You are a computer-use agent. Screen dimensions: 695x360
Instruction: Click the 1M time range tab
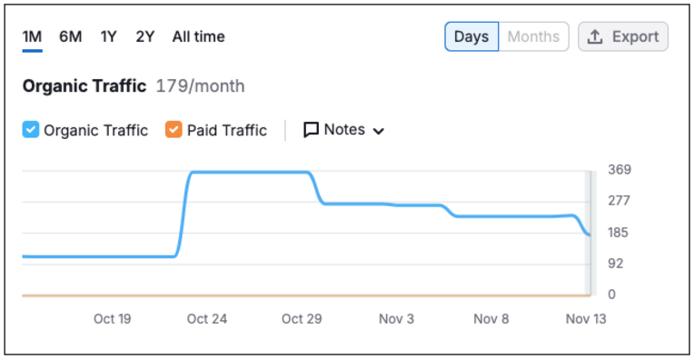(33, 36)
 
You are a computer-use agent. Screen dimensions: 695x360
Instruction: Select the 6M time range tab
(71, 36)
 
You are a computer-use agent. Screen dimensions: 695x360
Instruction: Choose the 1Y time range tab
(109, 36)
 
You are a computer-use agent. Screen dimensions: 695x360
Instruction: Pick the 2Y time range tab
(145, 36)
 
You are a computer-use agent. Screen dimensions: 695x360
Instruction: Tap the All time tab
(199, 36)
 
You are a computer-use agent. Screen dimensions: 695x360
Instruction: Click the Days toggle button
(472, 36)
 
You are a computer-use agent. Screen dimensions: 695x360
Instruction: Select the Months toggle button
(533, 36)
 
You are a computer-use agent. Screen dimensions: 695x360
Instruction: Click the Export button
(623, 36)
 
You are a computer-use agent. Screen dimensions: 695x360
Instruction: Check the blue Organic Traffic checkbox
(31, 130)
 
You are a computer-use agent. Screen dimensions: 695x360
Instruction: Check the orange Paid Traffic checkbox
(174, 130)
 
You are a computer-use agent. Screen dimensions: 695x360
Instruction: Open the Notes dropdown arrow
(378, 131)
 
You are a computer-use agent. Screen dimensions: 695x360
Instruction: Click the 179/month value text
(201, 86)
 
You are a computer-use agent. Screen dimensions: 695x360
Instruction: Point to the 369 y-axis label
(620, 170)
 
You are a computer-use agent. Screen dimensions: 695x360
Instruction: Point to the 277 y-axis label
(620, 201)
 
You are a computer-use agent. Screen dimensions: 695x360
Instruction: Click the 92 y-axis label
(616, 264)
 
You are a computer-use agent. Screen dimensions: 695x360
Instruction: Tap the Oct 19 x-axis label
(112, 319)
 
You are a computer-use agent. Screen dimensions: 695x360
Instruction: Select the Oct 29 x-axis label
(302, 319)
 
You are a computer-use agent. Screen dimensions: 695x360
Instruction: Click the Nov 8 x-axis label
(491, 319)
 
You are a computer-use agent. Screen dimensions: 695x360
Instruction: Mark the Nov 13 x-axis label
(586, 319)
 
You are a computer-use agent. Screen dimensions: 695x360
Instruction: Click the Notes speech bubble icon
(311, 130)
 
